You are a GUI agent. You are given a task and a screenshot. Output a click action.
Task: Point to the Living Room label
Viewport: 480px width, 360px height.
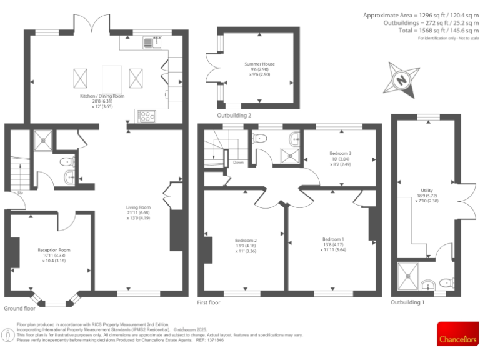[x=139, y=213]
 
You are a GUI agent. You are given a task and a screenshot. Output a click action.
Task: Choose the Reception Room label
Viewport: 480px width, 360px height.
[x=54, y=254]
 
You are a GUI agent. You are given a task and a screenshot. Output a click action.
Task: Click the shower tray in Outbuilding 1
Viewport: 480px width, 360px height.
[x=409, y=275]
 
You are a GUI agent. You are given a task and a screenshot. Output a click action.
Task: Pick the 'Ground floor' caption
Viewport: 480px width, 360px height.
[x=19, y=309]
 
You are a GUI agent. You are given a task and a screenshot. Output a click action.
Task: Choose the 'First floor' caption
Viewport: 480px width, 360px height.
[x=209, y=302]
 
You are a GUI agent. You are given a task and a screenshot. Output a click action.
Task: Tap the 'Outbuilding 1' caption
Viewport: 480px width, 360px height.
[x=407, y=302]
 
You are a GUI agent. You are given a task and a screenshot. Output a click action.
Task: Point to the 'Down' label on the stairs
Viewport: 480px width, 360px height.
[x=238, y=162]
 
